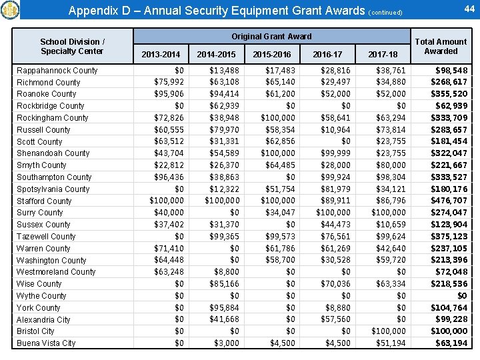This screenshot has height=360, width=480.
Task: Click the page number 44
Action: point(468,8)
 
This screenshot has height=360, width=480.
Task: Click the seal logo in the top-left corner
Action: point(11,10)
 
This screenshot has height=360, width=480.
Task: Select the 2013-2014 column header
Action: point(161,54)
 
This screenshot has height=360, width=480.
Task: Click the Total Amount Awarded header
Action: point(441,46)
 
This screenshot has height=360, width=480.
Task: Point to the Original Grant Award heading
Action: point(271,36)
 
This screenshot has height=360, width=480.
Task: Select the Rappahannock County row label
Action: point(57,71)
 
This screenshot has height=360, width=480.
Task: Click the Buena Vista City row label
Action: point(47,343)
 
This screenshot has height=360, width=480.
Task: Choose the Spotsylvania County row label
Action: point(53,189)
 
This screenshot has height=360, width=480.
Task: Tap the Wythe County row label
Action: point(41,296)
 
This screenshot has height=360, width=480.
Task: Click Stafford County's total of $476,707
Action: point(451,201)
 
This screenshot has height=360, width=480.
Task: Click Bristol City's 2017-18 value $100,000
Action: point(388,331)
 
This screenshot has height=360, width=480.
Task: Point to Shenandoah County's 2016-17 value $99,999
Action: point(335,153)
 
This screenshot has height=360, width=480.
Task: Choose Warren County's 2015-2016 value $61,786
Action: point(280,249)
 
